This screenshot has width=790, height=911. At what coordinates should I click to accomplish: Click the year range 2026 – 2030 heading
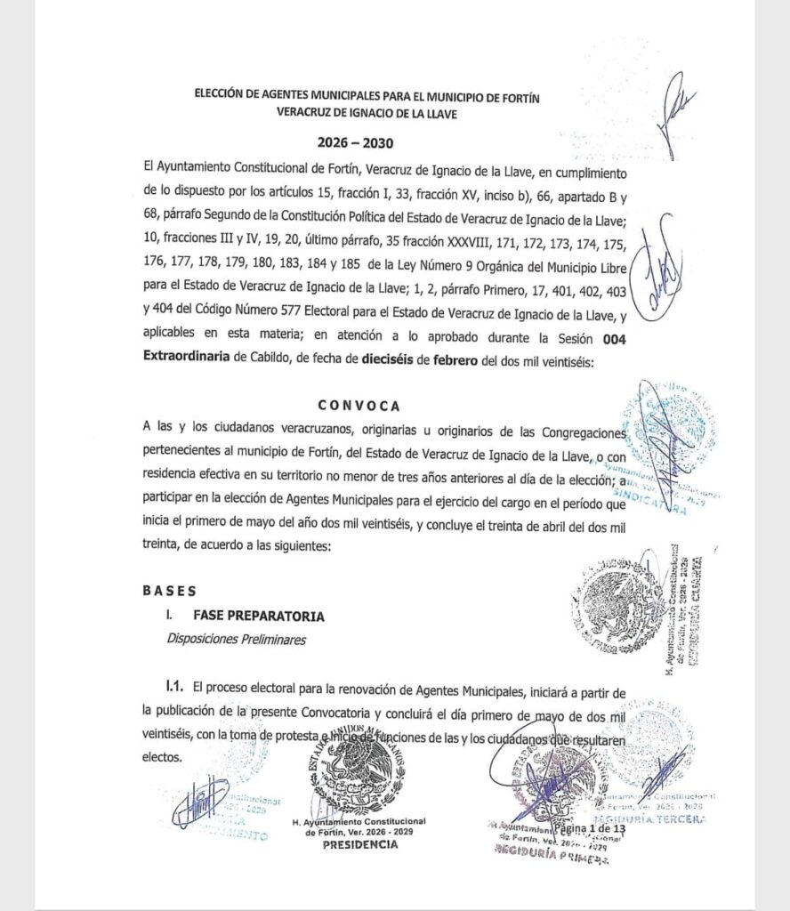tap(355, 142)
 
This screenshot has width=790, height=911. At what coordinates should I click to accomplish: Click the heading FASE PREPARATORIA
tap(246, 616)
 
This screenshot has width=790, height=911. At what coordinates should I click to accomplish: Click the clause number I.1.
tap(174, 687)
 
